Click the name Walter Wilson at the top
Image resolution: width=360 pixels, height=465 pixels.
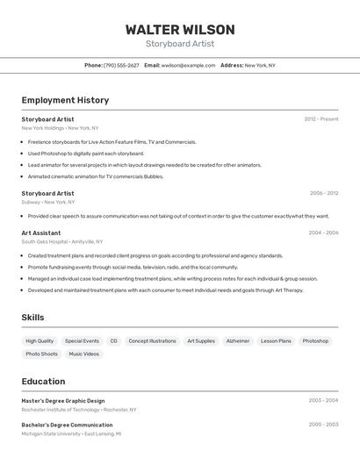(179, 29)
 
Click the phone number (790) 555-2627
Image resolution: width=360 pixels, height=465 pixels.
(121, 65)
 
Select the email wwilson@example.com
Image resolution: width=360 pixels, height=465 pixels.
(188, 65)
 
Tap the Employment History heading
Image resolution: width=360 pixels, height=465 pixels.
(65, 100)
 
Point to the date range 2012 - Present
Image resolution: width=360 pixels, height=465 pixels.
(321, 118)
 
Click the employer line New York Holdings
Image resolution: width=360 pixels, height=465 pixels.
(60, 128)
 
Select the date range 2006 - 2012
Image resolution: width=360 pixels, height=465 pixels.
(324, 193)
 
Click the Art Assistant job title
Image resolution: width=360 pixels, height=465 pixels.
(41, 232)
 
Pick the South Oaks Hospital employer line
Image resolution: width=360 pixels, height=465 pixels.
(61, 241)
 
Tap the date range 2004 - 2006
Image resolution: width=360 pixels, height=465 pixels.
(323, 232)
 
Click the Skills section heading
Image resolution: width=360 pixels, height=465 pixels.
(32, 318)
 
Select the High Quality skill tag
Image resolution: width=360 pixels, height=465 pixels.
(40, 341)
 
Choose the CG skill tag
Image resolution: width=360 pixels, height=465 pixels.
(113, 341)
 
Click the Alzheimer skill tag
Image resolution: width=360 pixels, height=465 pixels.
(237, 341)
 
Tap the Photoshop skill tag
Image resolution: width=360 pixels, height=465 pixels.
(315, 341)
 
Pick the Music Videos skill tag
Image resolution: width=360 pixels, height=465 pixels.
(84, 354)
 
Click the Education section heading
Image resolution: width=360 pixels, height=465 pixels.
(43, 382)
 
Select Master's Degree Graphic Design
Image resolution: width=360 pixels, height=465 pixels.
(63, 401)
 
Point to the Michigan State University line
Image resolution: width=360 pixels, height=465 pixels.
(71, 433)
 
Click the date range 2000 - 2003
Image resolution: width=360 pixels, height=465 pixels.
(323, 425)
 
